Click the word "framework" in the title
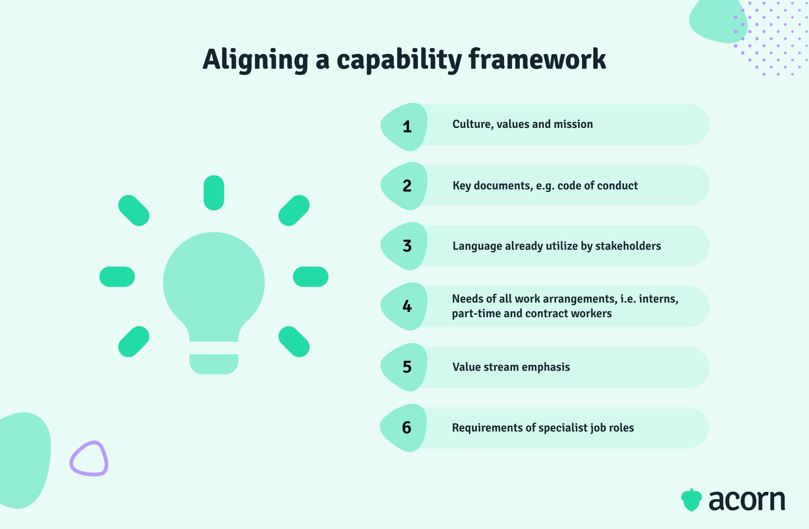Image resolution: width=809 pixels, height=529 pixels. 537,59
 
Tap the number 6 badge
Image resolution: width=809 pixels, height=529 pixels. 406,427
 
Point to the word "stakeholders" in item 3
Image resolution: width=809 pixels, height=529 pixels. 628,246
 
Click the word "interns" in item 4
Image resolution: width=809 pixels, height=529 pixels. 658,299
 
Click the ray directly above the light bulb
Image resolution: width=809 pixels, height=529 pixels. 214,193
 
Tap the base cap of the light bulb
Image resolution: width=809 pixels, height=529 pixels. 214,364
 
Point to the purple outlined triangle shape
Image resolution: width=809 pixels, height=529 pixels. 89,459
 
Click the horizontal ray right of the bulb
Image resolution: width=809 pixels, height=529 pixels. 310,277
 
